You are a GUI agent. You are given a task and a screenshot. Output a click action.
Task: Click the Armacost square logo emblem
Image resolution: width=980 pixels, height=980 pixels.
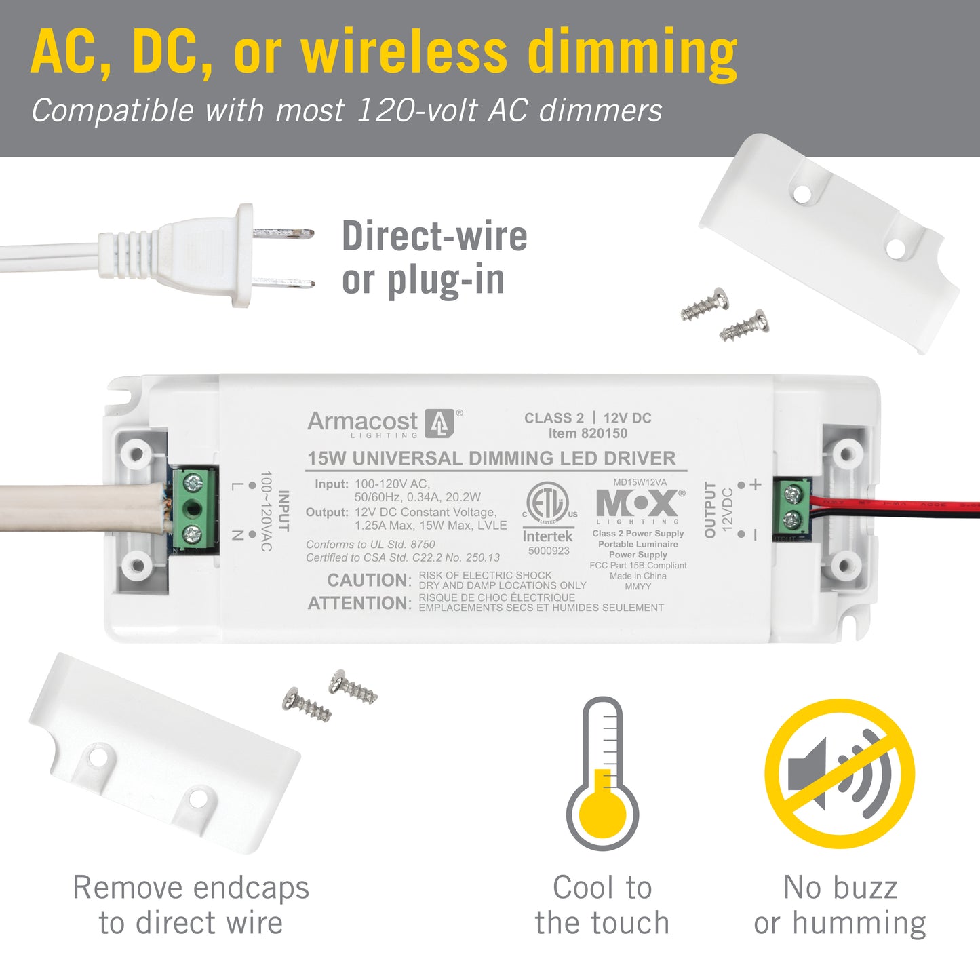click(439, 423)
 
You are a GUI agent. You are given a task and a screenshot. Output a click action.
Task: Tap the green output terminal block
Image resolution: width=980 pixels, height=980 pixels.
click(792, 507)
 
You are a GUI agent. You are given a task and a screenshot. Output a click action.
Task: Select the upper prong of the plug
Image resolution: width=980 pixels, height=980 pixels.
click(283, 233)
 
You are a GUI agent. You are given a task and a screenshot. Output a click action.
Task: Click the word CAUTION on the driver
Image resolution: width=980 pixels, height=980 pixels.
click(369, 580)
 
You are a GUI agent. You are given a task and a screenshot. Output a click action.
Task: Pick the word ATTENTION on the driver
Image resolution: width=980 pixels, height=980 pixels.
click(359, 603)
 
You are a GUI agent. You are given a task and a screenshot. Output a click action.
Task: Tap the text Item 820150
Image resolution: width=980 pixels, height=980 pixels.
click(587, 433)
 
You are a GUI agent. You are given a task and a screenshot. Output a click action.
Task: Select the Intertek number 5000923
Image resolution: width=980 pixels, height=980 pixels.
click(548, 551)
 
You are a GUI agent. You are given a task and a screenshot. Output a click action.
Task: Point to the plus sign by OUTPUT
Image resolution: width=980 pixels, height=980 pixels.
click(756, 484)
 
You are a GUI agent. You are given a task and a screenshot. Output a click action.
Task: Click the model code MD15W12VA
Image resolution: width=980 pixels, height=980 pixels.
click(640, 482)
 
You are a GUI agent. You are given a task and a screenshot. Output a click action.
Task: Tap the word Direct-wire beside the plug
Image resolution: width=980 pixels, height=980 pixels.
click(435, 236)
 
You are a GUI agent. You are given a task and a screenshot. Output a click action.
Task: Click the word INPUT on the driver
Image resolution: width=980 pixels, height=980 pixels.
click(283, 511)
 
